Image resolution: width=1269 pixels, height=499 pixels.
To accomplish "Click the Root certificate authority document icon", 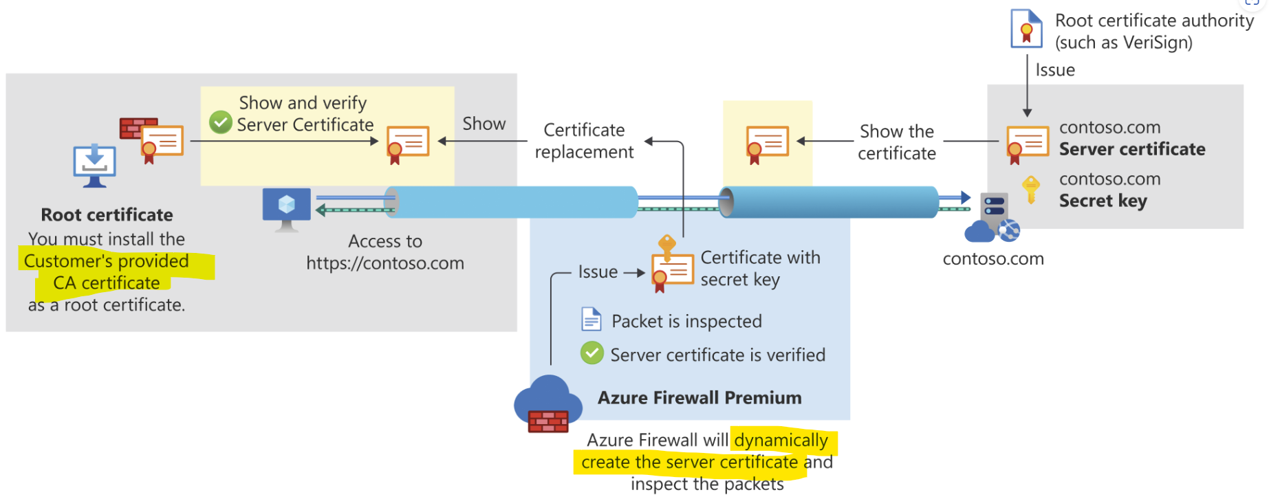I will tap(1026, 29).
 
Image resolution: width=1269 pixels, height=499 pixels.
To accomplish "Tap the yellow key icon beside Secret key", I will tap(1030, 190).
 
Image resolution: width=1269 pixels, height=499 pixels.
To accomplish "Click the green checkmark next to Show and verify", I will tap(220, 122).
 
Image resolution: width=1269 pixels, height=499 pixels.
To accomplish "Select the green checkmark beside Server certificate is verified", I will tap(592, 353).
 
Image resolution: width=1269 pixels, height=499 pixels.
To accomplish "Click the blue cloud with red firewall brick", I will tap(548, 406).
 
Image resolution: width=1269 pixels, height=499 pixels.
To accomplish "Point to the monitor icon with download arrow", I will tap(94, 166).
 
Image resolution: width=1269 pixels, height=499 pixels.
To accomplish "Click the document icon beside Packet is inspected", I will tap(592, 320).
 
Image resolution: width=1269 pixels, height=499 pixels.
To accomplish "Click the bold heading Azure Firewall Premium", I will tap(699, 398).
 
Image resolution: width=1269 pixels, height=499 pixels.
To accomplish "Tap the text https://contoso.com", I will tap(385, 263).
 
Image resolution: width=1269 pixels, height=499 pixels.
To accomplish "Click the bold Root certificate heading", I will tap(107, 215).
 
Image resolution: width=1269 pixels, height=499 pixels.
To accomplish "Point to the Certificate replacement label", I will tap(584, 141).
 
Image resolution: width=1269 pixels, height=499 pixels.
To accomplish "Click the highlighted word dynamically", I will tap(781, 440).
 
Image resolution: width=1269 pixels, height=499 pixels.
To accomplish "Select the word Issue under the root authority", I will tap(1054, 70).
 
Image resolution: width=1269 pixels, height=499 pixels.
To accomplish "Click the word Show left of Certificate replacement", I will tap(484, 124).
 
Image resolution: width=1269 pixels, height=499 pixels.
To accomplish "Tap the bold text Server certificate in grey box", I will tap(1131, 149).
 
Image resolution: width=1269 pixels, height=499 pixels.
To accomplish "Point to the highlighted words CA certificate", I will tap(107, 283).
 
